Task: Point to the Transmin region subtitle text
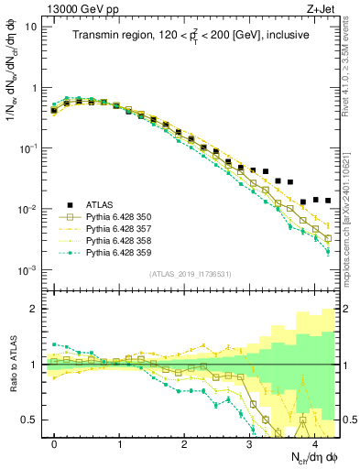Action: coord(190,35)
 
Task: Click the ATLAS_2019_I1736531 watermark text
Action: coord(190,274)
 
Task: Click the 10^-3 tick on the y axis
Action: coord(27,270)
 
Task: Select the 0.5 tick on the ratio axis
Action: coord(30,420)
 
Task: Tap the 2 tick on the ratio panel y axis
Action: coord(34,309)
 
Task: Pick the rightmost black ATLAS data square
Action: coord(328,200)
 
